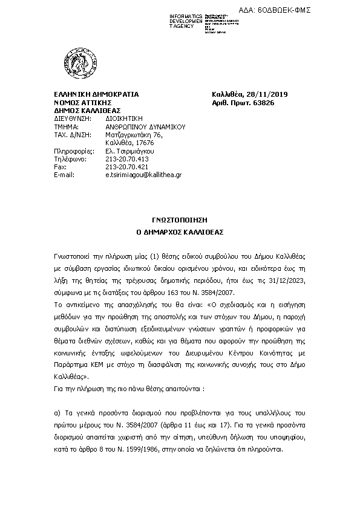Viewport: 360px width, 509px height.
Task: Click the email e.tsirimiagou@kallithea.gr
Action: coord(143,174)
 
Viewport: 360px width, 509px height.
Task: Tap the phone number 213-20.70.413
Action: coord(126,158)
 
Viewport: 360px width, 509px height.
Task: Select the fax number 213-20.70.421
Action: coord(126,166)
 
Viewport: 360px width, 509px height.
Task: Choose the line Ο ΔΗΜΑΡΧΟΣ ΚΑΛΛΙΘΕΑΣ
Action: coord(180,232)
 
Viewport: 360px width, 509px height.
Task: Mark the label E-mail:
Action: coord(64,174)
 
